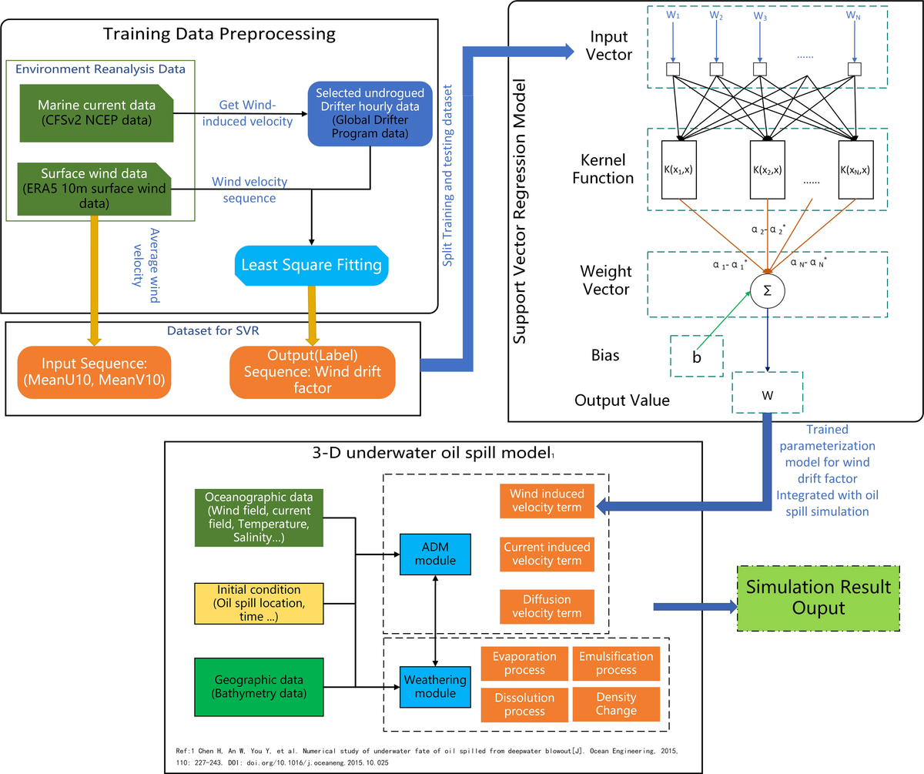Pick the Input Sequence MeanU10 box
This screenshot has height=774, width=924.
click(93, 371)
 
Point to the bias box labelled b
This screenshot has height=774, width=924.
click(697, 356)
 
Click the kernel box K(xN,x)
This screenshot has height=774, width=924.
click(854, 169)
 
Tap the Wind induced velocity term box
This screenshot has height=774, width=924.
click(547, 501)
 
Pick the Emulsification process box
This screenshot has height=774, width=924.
click(616, 664)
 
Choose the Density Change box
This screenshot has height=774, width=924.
click(616, 704)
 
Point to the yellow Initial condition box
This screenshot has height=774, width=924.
click(248, 603)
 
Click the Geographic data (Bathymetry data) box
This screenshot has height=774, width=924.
click(248, 687)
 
